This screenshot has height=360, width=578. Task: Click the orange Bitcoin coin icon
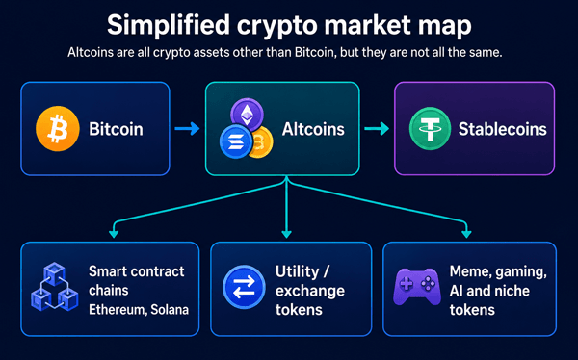click(58, 129)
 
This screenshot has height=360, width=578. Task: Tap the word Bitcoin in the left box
click(116, 129)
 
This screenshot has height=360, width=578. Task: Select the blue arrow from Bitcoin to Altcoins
click(187, 129)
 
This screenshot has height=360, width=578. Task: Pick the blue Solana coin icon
click(236, 141)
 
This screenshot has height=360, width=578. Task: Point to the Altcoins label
click(313, 129)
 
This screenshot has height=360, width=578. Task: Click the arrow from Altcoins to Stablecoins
click(377, 129)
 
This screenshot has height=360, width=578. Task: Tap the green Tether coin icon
click(430, 129)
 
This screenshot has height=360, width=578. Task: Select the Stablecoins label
click(503, 129)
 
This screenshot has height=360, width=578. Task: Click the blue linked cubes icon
click(55, 286)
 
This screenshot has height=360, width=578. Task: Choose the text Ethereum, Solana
click(139, 310)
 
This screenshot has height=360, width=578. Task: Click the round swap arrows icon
click(244, 287)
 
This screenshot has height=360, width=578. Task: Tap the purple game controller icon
click(417, 287)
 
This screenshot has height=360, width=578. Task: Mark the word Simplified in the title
click(169, 25)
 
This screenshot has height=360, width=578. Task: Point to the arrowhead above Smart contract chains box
click(114, 234)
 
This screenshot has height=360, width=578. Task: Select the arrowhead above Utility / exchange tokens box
click(286, 234)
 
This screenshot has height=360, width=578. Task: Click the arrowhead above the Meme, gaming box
click(466, 234)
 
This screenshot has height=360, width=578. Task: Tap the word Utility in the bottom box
click(297, 272)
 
